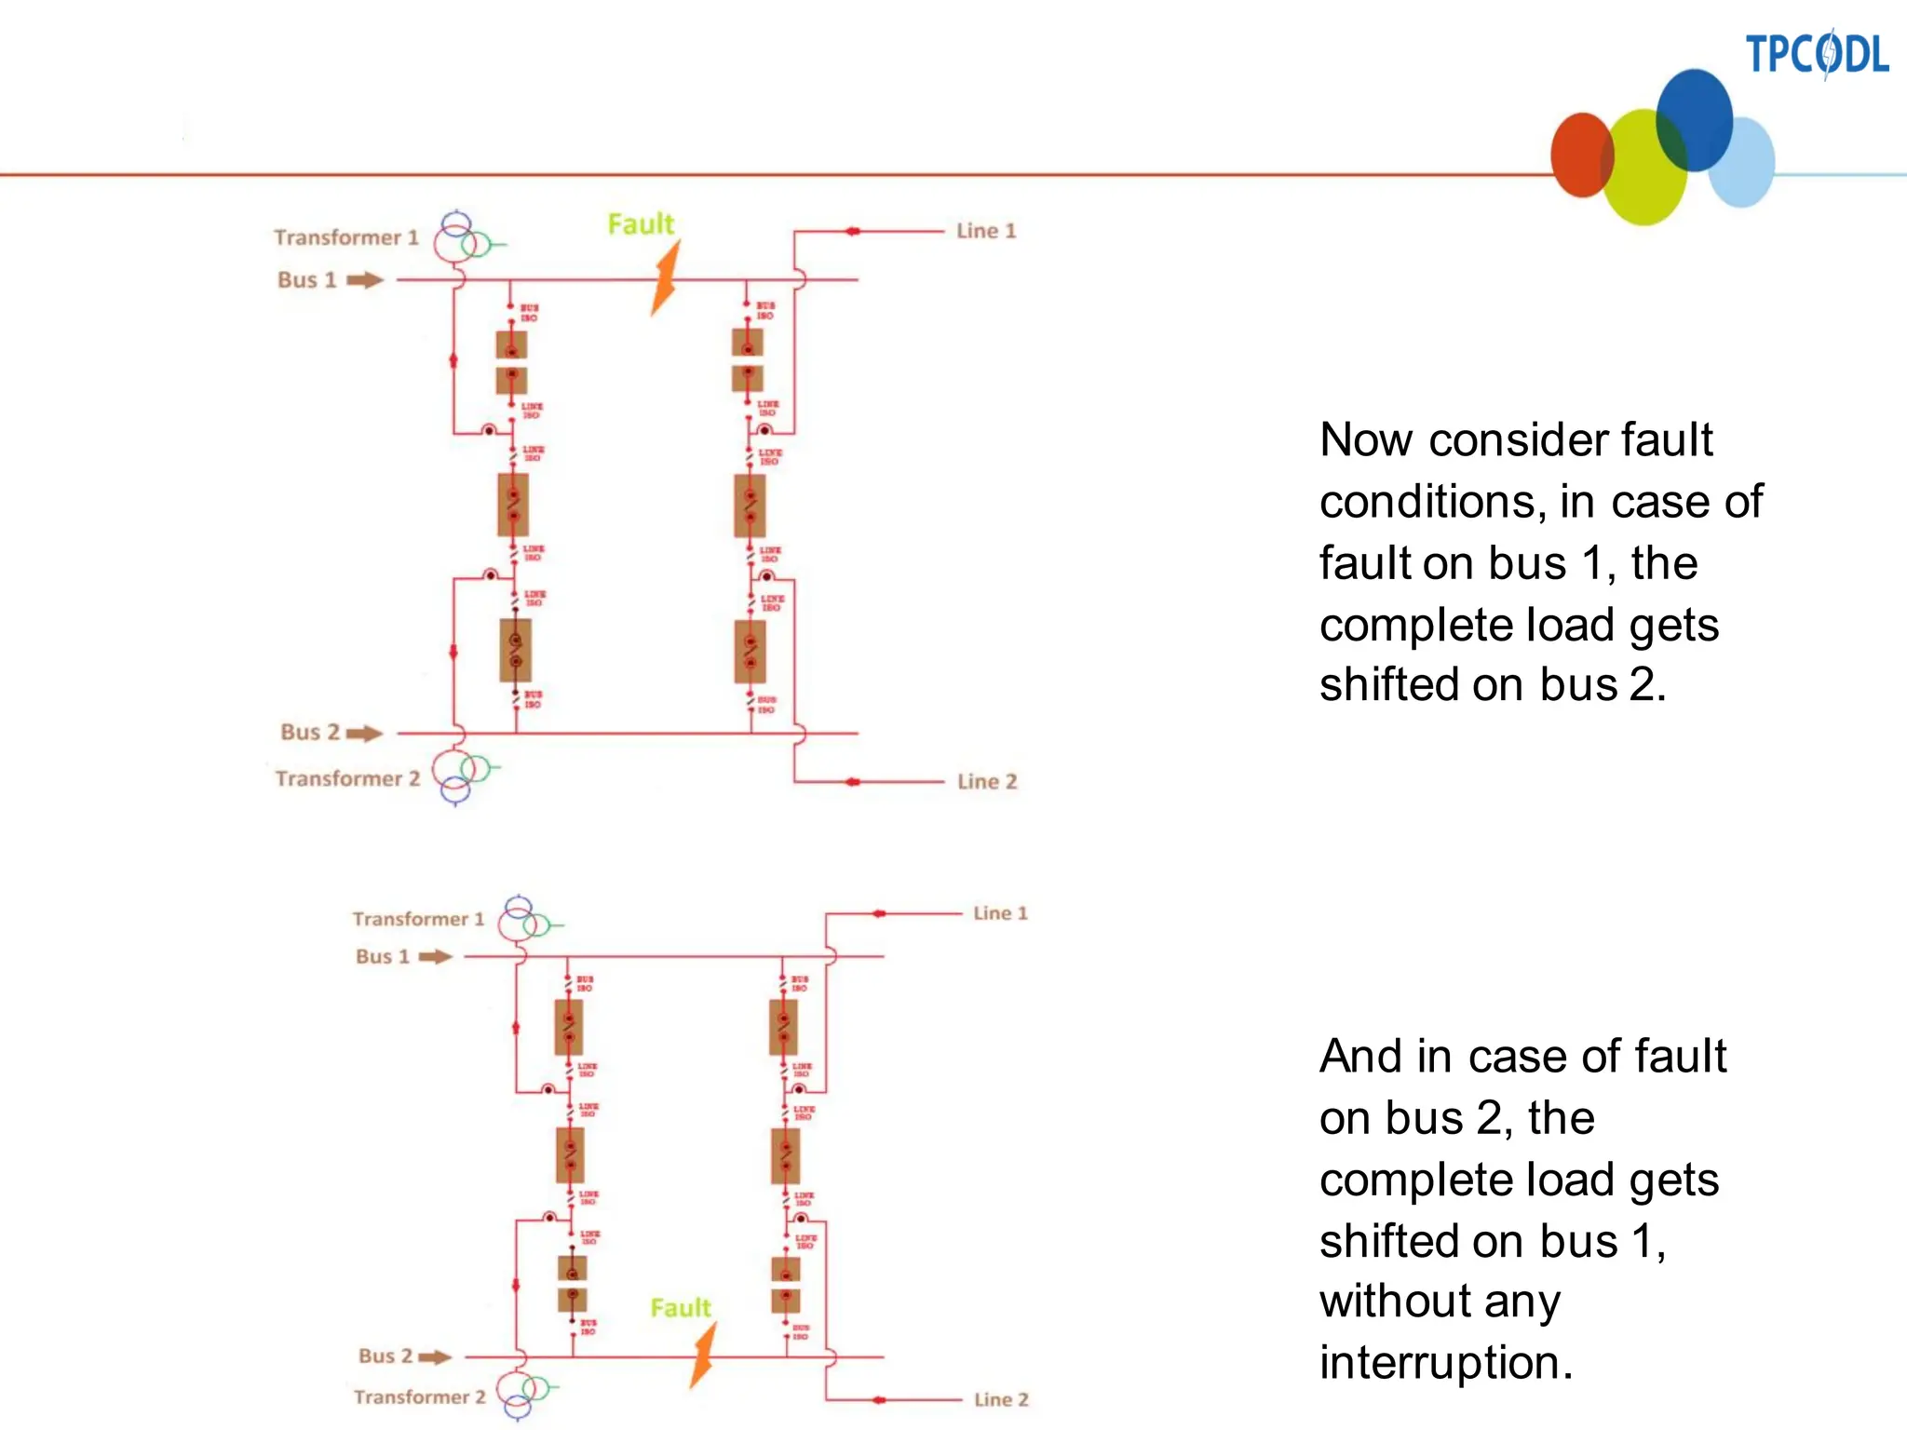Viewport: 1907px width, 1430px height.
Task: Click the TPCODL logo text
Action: pyautogui.click(x=1816, y=54)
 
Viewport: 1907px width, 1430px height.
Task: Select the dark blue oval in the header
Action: pyautogui.click(x=1695, y=118)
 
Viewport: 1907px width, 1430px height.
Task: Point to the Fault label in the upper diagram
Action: pyautogui.click(x=640, y=224)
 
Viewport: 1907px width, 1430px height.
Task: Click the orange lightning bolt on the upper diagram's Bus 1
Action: pyautogui.click(x=665, y=278)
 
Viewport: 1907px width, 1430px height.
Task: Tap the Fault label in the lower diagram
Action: pyautogui.click(x=680, y=1308)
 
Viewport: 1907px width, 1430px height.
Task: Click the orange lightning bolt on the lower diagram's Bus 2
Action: pyautogui.click(x=704, y=1356)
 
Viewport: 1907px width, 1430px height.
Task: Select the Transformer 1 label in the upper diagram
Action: pyautogui.click(x=345, y=237)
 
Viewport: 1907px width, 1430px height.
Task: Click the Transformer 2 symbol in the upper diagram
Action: pyautogui.click(x=461, y=776)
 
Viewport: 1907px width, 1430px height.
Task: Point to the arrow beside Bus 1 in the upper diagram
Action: pyautogui.click(x=365, y=280)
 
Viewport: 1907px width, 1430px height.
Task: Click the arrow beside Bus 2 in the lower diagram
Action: pyautogui.click(x=434, y=1357)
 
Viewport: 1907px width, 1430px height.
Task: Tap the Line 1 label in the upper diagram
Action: pyautogui.click(x=985, y=231)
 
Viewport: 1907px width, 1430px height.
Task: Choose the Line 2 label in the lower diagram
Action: pyautogui.click(x=1001, y=1399)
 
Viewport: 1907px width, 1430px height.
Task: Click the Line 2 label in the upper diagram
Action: pyautogui.click(x=986, y=782)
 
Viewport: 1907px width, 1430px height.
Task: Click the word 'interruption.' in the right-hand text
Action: pyautogui.click(x=1445, y=1362)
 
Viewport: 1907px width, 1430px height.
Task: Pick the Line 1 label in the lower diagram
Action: pyautogui.click(x=1000, y=913)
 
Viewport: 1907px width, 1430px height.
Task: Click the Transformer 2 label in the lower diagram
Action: pyautogui.click(x=419, y=1396)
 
